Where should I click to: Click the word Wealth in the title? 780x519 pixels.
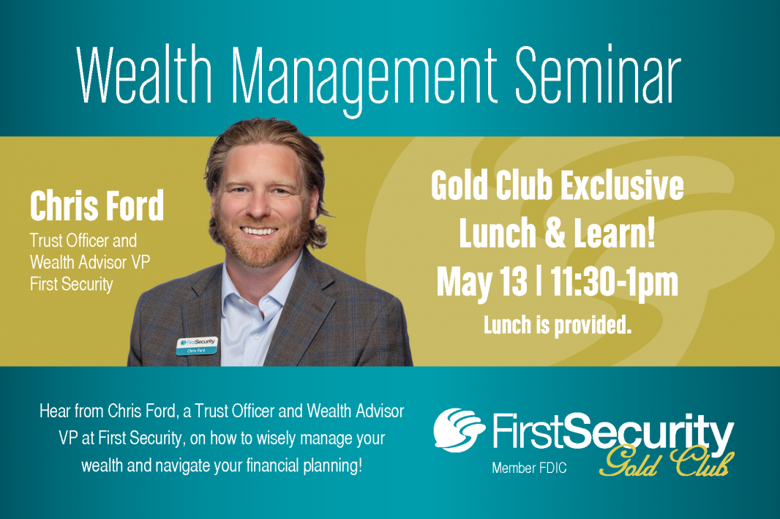(x=144, y=75)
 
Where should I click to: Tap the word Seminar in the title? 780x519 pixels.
(x=597, y=75)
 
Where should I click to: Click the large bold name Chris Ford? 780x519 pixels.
(x=97, y=206)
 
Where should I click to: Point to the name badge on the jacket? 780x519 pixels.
(x=197, y=346)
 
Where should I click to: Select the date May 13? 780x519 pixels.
(x=481, y=282)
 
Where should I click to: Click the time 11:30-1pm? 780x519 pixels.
(x=615, y=282)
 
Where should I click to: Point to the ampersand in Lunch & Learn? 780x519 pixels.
(x=555, y=233)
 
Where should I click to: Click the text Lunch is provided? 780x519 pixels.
(x=558, y=326)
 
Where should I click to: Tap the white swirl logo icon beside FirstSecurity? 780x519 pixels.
(x=459, y=430)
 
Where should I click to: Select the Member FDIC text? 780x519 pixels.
(x=529, y=468)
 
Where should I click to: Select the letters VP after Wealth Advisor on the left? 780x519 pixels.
(x=140, y=262)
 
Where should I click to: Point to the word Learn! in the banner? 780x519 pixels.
(x=615, y=233)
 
